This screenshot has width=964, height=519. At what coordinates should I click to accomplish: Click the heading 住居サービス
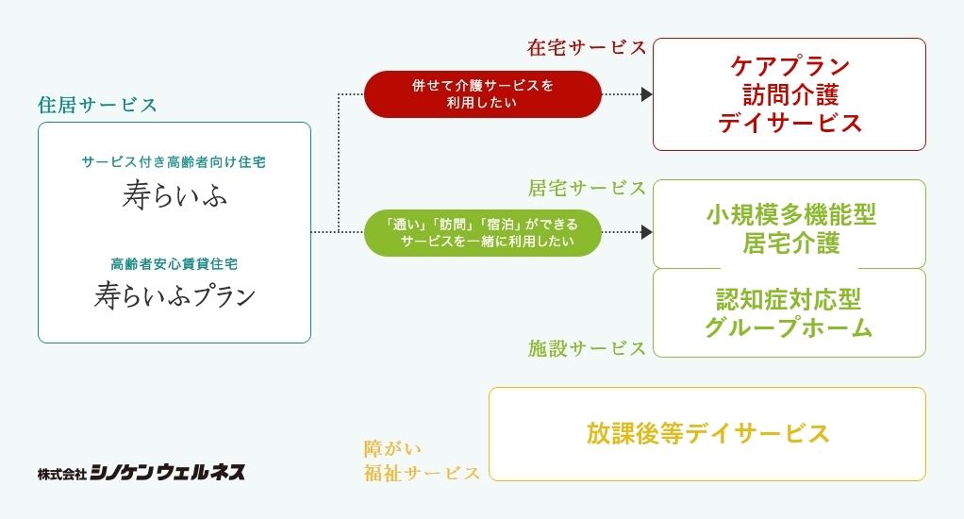97,105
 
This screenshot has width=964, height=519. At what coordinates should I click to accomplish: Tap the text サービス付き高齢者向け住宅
174,162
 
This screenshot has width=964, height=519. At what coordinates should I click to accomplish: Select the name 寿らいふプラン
175,295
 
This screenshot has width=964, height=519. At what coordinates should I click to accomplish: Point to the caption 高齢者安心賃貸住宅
174,264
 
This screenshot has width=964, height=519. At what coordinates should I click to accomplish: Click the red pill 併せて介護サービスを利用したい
482,93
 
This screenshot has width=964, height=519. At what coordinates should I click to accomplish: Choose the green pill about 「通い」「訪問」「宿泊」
482,232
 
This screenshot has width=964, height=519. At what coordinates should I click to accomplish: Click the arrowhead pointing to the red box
646,94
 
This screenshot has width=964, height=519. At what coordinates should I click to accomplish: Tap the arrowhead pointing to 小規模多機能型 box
646,232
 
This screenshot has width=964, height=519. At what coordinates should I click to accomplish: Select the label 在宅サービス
587,47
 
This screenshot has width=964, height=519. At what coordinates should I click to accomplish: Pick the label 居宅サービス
587,188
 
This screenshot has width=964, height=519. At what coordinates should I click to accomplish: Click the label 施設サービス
587,348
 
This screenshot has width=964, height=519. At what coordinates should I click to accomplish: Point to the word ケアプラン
789,66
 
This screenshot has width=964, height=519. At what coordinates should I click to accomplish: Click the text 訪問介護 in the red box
789,94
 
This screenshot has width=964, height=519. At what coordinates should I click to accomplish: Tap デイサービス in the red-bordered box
789,123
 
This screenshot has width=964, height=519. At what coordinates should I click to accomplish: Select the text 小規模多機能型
789,214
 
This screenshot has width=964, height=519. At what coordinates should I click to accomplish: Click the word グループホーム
789,327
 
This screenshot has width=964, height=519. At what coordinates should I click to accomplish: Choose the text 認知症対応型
789,299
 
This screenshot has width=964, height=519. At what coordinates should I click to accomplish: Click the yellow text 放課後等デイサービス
707,433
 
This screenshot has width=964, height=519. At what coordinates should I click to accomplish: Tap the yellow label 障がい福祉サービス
422,460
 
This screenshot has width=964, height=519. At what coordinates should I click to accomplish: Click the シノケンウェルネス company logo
141,472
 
